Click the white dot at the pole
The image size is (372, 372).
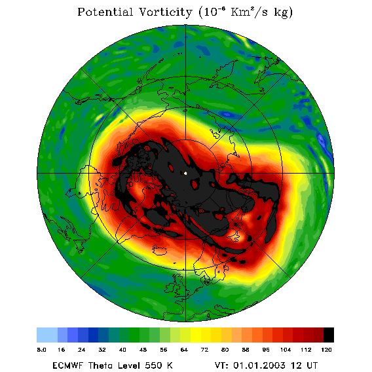click(x=185, y=174)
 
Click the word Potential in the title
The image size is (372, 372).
click(x=105, y=12)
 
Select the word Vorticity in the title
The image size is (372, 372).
click(x=165, y=12)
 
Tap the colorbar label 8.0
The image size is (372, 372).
click(x=41, y=350)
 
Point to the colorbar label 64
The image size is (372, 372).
click(x=184, y=350)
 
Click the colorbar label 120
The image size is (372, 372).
click(x=326, y=350)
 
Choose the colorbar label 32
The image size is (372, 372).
click(x=102, y=350)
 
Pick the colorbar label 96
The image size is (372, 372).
click(x=266, y=350)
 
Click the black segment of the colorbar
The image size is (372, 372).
click(x=329, y=335)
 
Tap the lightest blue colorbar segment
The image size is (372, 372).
click(x=47, y=335)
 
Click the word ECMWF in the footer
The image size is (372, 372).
click(x=67, y=365)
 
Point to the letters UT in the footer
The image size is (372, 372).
click(x=312, y=365)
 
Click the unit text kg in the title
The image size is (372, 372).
click(x=283, y=13)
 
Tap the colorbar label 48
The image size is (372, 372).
click(x=143, y=350)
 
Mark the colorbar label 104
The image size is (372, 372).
click(x=286, y=350)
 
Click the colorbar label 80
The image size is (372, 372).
click(x=225, y=350)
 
